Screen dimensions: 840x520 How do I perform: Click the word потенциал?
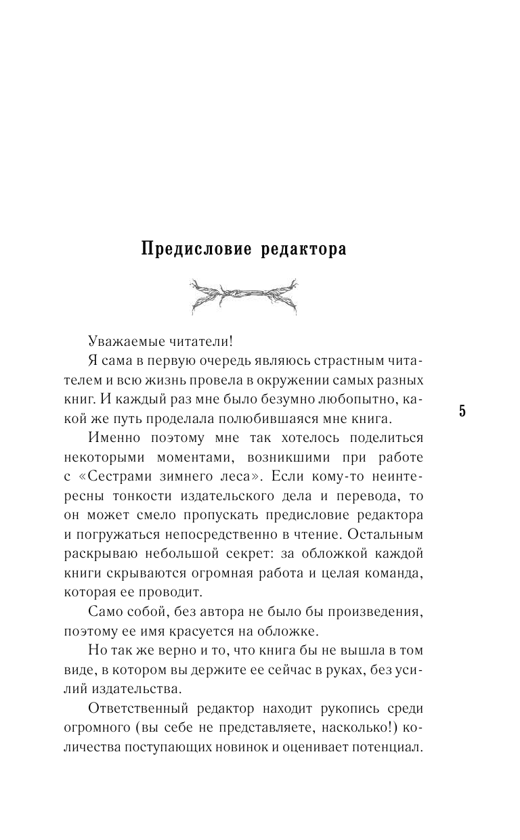point(402,745)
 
